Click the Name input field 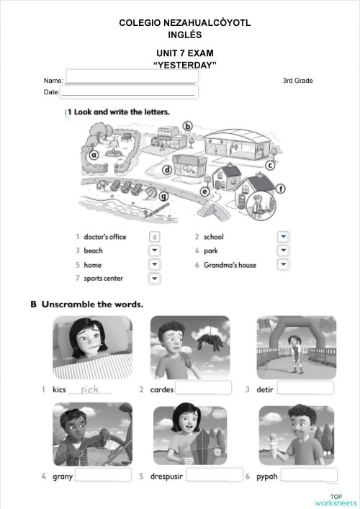131,76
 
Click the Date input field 130,91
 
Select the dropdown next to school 283,236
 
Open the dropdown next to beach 154,251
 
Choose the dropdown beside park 283,251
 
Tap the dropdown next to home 154,265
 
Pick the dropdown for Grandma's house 283,265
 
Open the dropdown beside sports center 154,279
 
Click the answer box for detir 305,389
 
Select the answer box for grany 103,476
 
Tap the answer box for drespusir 214,476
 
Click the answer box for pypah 309,475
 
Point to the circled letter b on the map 189,126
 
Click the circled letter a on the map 94,154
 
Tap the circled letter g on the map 163,195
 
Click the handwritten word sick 91,389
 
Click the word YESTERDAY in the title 185,65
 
